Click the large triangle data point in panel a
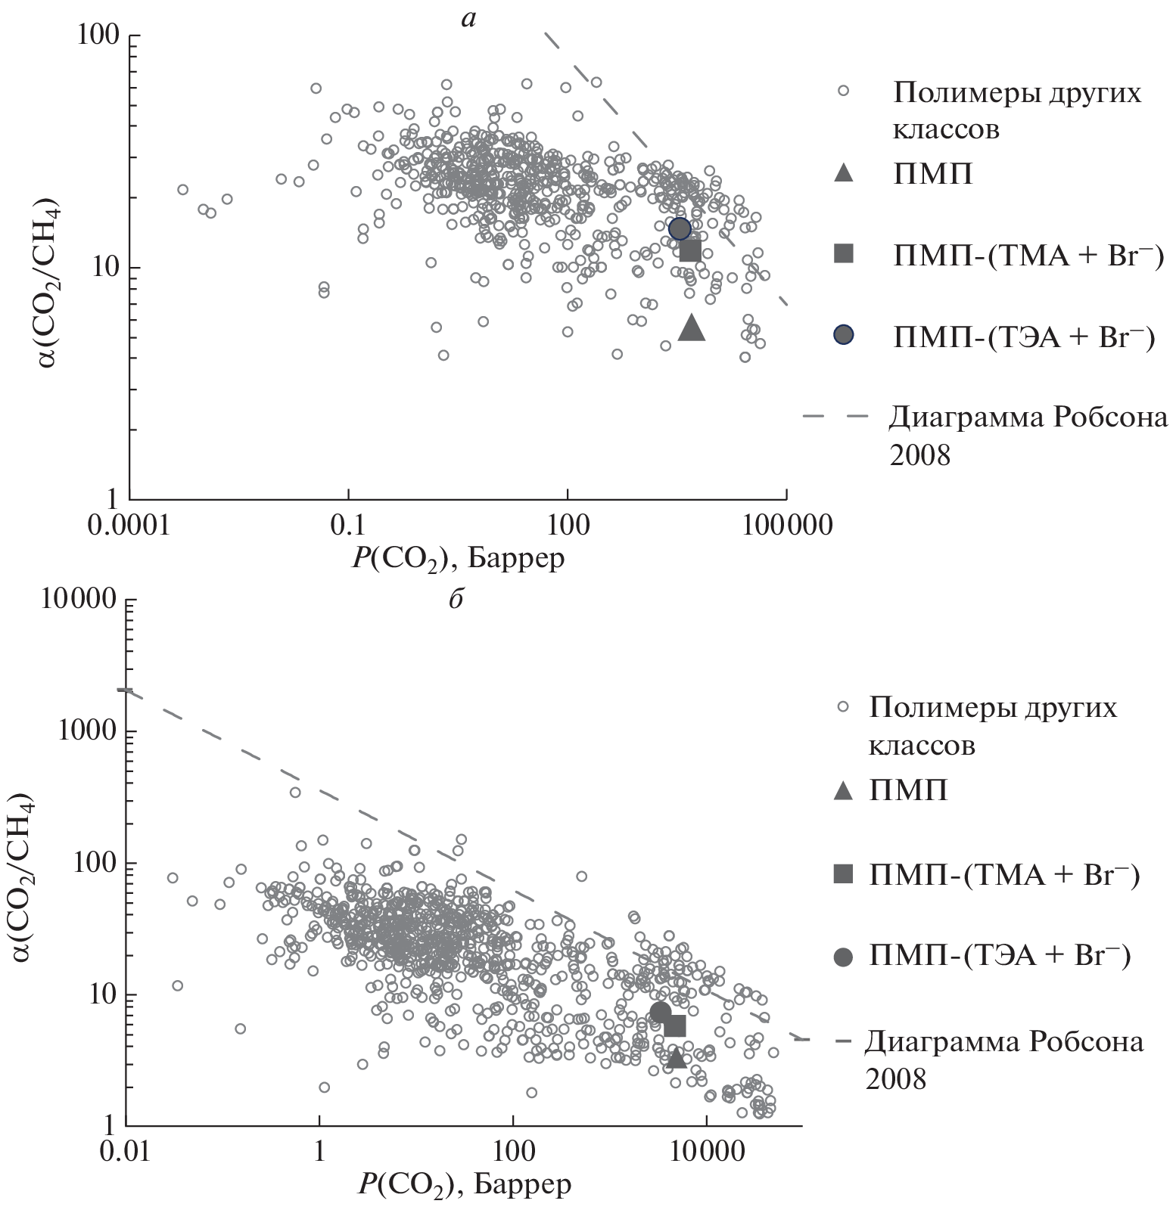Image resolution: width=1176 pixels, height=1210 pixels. [692, 328]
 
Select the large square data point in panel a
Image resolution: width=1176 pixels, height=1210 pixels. [689, 251]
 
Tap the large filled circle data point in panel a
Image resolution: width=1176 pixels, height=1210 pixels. [680, 228]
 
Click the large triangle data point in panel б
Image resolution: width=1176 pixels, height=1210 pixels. [676, 1057]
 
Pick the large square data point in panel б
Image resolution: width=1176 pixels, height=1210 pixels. [674, 1026]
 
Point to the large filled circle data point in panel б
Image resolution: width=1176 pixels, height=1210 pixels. [661, 1012]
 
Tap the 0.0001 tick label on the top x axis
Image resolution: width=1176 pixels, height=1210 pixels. [129, 525]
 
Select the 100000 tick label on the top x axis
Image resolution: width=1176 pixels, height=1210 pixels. [787, 525]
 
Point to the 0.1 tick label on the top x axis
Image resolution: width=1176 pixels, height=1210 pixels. [348, 525]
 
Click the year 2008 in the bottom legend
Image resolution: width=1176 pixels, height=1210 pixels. [896, 1078]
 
